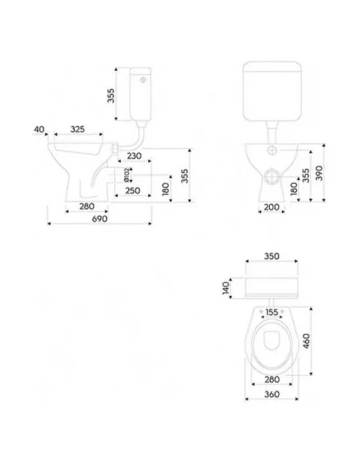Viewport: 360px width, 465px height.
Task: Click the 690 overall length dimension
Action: tap(100, 219)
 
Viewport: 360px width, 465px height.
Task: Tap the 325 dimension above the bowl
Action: tap(77, 129)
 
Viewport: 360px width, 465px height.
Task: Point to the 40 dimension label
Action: tap(39, 130)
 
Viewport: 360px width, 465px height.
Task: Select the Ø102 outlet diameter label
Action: tap(126, 174)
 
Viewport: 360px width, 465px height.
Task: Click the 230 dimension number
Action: tap(134, 156)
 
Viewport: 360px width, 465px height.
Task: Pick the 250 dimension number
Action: tap(132, 190)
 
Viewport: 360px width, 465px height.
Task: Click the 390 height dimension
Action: tap(319, 174)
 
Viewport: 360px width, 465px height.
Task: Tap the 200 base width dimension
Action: tap(272, 207)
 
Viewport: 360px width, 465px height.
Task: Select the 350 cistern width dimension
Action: tap(272, 256)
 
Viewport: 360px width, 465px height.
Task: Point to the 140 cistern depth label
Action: tap(226, 288)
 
